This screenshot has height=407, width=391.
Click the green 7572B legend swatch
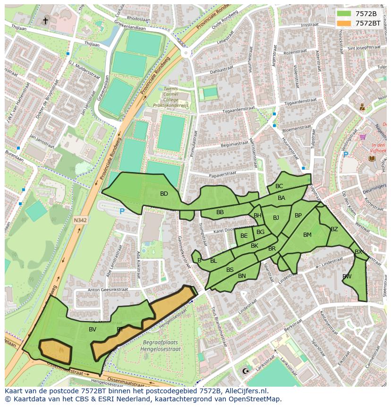(344, 13)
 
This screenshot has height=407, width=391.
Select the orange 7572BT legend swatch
(344, 23)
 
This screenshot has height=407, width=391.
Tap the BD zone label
(164, 194)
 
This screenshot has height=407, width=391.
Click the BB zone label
(220, 212)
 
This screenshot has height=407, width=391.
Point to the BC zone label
(279, 186)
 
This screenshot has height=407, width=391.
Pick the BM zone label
(307, 235)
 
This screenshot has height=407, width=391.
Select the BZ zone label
(334, 229)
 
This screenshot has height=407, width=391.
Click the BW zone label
(347, 277)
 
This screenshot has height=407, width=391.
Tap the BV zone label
(93, 329)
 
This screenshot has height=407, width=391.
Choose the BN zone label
(242, 276)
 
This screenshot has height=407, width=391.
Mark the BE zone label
(244, 236)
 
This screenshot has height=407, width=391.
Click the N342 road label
(80, 219)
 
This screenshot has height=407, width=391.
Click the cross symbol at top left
(46, 20)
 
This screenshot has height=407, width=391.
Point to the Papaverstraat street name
(222, 174)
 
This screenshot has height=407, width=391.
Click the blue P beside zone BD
(122, 212)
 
